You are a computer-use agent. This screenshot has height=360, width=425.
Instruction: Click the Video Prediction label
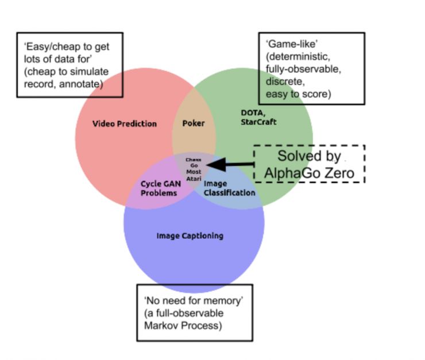124,124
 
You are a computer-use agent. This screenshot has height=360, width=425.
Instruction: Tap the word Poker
194,123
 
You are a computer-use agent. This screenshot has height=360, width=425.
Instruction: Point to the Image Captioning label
190,236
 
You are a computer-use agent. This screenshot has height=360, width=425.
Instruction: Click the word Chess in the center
193,159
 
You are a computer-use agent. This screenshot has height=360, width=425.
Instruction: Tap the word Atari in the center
193,179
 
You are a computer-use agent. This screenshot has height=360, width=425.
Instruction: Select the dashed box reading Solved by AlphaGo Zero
309,164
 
